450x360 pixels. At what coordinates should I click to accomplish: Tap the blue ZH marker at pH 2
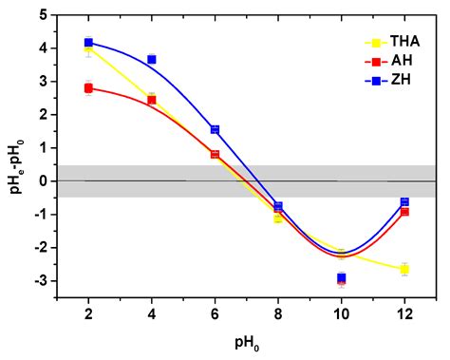pos(88,42)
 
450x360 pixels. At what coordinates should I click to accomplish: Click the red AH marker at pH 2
pos(88,88)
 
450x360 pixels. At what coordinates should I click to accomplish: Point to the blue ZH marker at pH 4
pos(152,59)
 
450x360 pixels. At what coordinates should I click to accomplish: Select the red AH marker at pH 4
pos(152,100)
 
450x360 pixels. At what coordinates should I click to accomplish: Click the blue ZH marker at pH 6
pos(215,129)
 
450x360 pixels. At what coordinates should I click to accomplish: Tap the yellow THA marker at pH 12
pos(404,270)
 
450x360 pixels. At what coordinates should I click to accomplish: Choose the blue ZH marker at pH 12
pos(404,202)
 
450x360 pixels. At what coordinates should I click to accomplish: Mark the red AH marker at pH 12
pos(404,212)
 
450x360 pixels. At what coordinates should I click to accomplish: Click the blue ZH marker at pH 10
pos(342,277)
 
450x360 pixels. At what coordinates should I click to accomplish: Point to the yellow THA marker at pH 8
pos(278,218)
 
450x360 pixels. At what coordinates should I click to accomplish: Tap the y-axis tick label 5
pos(45,15)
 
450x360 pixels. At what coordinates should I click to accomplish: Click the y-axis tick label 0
pos(45,181)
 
